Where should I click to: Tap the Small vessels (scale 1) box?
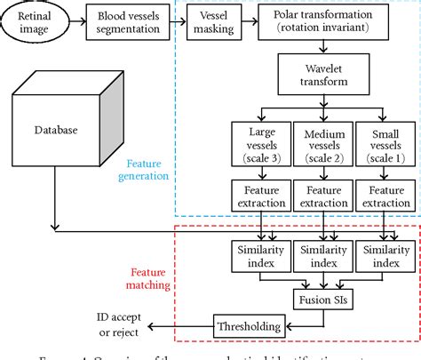(x=384, y=146)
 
